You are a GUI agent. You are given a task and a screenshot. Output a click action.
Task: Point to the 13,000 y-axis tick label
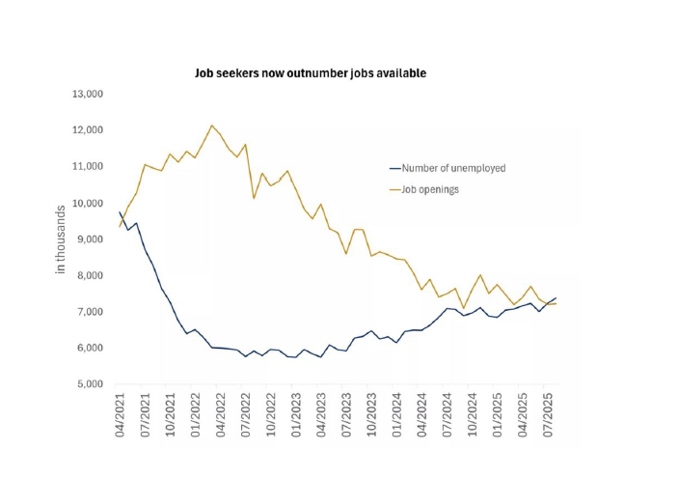click(x=87, y=94)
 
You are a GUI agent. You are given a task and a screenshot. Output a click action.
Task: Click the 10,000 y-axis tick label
click(x=87, y=203)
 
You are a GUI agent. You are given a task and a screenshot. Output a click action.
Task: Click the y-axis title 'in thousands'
click(x=60, y=239)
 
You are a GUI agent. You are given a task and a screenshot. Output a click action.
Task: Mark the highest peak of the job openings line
click(x=212, y=126)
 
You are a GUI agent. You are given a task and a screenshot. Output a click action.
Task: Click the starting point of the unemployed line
click(x=121, y=212)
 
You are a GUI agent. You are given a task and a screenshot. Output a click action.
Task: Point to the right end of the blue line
click(x=556, y=298)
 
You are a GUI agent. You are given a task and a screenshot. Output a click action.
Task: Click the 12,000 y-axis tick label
click(x=87, y=130)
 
